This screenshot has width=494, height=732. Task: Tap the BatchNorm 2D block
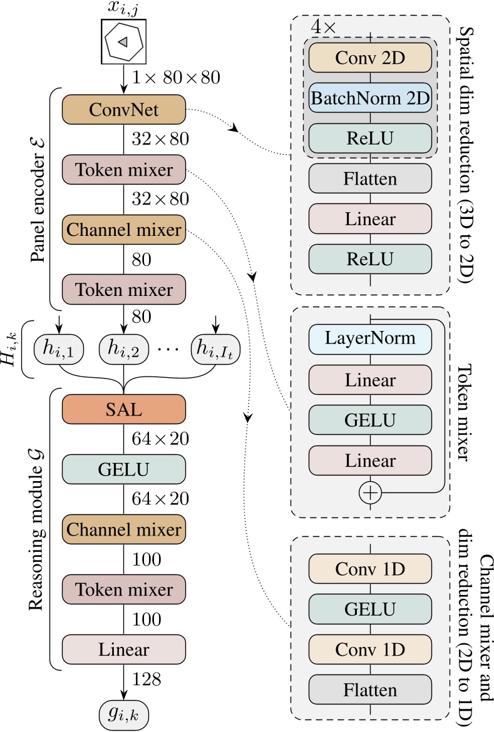[370, 98]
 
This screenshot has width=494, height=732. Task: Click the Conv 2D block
[370, 58]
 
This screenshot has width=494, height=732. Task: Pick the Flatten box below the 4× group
[370, 179]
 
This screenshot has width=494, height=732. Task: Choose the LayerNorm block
[370, 338]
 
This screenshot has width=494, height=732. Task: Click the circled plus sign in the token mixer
[370, 493]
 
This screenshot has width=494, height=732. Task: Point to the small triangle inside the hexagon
[123, 41]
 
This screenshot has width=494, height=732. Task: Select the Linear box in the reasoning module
[124, 649]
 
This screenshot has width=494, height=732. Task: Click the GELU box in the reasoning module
[124, 469]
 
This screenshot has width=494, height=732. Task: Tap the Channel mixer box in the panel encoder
[124, 230]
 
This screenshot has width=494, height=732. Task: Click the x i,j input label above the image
[123, 9]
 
